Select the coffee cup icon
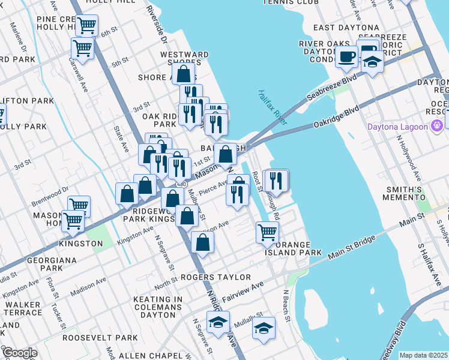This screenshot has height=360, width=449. (346, 56)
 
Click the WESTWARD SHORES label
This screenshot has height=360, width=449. (184, 59)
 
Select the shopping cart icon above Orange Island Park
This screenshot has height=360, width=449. (267, 232)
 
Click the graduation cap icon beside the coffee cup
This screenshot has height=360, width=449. (372, 62)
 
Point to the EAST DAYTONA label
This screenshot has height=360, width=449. (346, 28)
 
